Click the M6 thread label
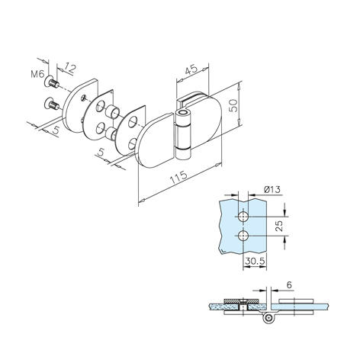(x=37, y=74)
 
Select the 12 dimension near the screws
(x=69, y=68)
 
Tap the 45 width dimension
(x=191, y=70)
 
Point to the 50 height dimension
(x=233, y=105)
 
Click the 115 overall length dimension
(x=178, y=177)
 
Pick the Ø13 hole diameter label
(x=272, y=190)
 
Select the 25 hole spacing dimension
(x=279, y=226)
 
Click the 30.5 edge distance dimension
(x=255, y=261)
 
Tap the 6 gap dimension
(x=289, y=285)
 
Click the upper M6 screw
(x=52, y=82)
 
